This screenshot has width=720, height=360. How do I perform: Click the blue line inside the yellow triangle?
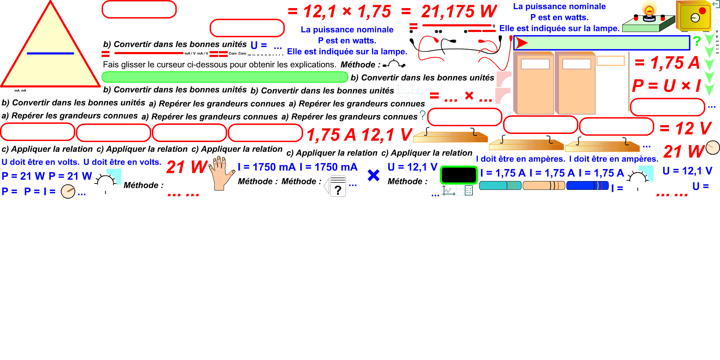click(x=50, y=53)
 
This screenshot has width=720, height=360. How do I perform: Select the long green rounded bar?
click(x=225, y=77)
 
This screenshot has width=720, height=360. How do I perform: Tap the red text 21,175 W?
click(x=459, y=12)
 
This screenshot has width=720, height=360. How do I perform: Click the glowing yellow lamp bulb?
click(x=649, y=8)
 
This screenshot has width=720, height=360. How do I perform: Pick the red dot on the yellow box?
click(x=702, y=11)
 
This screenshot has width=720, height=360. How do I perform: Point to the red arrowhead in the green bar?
click(x=522, y=43)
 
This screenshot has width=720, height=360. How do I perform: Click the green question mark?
click(x=697, y=41)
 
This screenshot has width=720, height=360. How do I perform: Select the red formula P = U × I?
click(x=667, y=85)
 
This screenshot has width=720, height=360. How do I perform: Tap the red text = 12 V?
click(x=686, y=128)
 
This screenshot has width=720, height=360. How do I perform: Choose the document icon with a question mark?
click(x=336, y=186)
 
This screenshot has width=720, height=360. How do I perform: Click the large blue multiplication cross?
click(x=373, y=175)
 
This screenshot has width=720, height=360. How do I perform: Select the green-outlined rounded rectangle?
click(x=459, y=175)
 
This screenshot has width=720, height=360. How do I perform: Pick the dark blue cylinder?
click(x=587, y=186)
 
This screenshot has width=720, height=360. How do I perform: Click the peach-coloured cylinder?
click(x=544, y=186)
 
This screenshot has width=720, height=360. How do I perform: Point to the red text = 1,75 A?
click(x=667, y=63)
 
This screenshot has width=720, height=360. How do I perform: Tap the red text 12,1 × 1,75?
click(x=347, y=12)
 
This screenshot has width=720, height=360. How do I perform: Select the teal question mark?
click(x=423, y=115)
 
